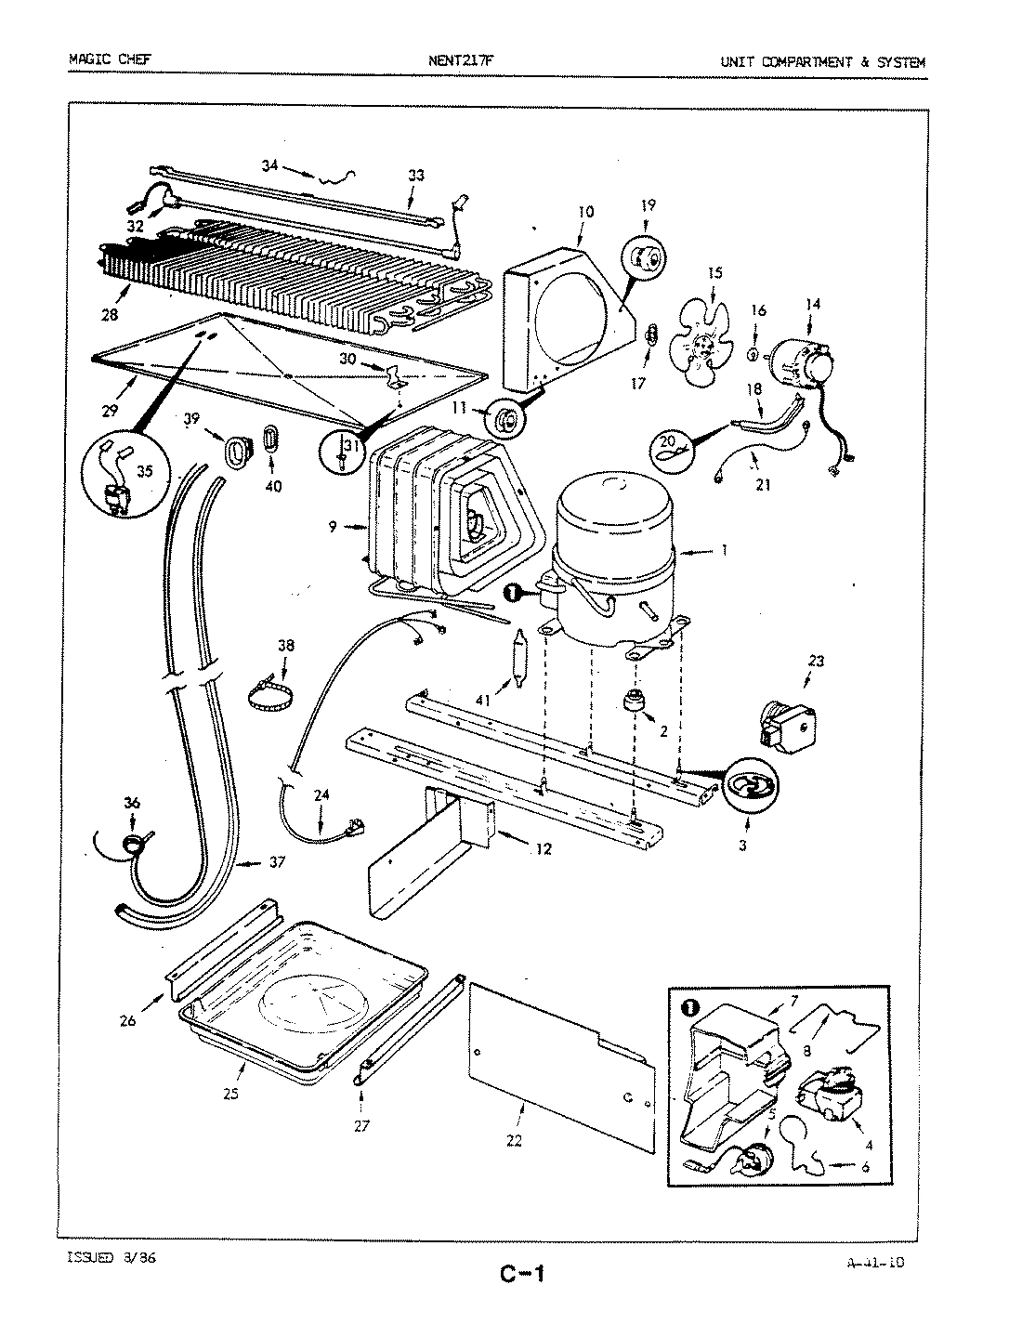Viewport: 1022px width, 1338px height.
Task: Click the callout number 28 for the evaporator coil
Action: click(x=111, y=316)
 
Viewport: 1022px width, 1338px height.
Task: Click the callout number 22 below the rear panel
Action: click(x=514, y=1141)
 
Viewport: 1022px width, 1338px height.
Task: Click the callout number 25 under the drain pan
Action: click(x=230, y=1094)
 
